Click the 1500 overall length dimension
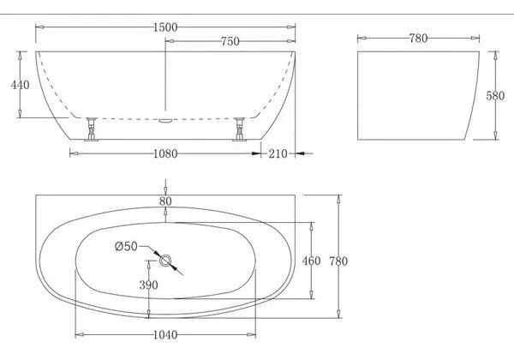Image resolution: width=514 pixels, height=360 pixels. [165, 27]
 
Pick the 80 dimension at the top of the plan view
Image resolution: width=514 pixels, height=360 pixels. [165, 201]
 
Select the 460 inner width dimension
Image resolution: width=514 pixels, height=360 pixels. [313, 261]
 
